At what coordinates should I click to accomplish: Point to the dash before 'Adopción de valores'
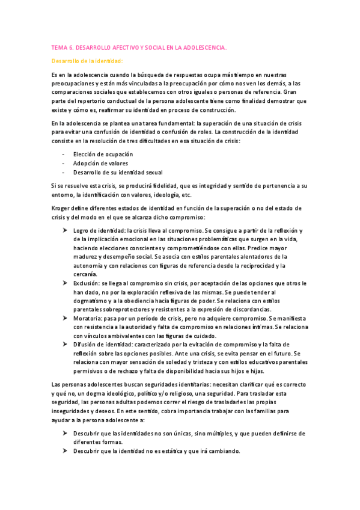tap(64, 163)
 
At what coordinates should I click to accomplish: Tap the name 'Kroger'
tap(61, 208)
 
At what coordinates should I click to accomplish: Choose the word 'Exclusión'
tap(87, 283)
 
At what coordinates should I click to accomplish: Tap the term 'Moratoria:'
tap(88, 318)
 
